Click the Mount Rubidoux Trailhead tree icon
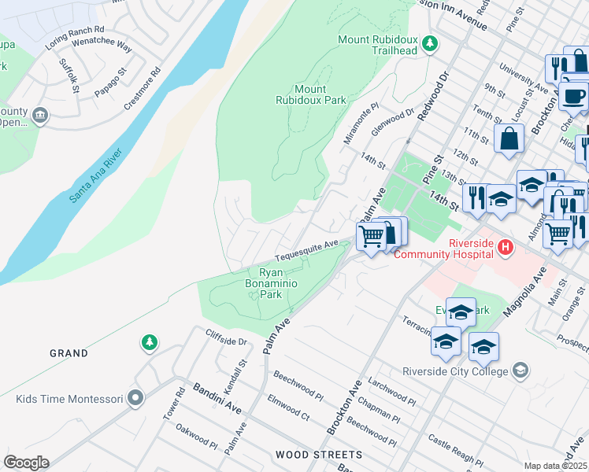[430, 43]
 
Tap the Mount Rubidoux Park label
[311, 95]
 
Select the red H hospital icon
[506, 248]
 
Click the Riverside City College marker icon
[520, 370]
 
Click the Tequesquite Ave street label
[306, 251]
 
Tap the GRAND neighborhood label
[69, 354]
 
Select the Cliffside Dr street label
[226, 342]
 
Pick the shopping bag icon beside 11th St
[509, 139]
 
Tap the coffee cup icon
[575, 94]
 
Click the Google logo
[26, 463]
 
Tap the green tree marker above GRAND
[149, 342]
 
